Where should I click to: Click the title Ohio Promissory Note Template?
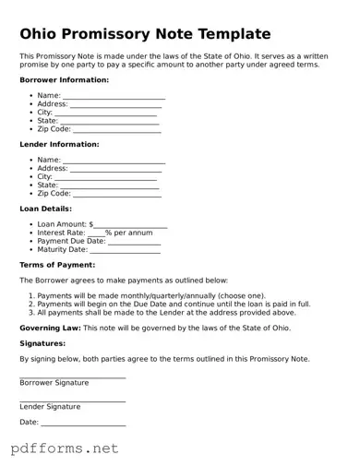(145, 34)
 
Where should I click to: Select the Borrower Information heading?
(64, 80)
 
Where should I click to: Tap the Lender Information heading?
(59, 145)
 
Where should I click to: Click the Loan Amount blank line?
(130, 225)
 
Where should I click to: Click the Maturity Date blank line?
(125, 250)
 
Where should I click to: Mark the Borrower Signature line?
(72, 376)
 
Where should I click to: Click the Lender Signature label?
(50, 406)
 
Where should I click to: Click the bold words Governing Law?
(50, 328)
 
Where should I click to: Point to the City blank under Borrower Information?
(107, 113)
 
